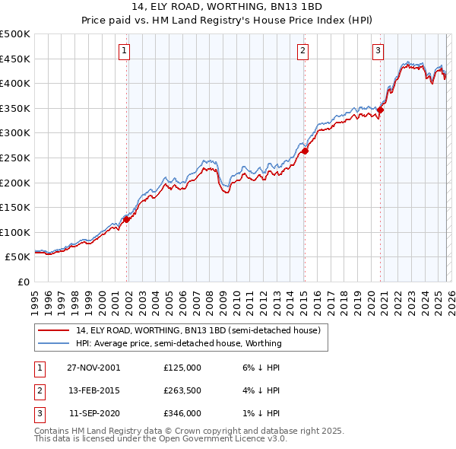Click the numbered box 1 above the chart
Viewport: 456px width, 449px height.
point(124,51)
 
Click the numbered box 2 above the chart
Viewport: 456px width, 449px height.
point(302,51)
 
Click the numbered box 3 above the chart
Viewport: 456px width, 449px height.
point(378,51)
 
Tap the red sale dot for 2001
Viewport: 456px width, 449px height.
point(127,219)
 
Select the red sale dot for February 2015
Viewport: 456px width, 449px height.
point(305,151)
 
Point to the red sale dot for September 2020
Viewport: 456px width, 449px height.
point(381,110)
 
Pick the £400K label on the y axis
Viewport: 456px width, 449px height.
point(15,83)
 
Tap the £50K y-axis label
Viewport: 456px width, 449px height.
point(18,257)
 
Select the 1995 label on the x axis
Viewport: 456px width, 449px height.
point(35,297)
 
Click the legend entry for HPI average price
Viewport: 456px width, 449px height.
point(179,343)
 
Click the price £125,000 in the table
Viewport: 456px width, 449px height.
point(182,367)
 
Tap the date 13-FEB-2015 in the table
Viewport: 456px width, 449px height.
point(94,390)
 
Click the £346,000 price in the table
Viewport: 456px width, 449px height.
point(182,414)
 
